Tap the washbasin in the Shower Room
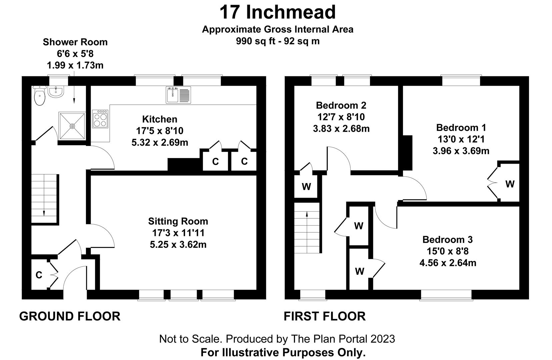[56, 92]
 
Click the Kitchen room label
[160, 119]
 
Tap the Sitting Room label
[178, 221]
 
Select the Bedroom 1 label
[461, 127]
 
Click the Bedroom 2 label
[341, 105]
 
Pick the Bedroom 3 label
[447, 239]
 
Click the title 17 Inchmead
[277, 12]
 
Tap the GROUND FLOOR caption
[70, 316]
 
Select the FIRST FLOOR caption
[325, 316]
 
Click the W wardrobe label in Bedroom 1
[510, 184]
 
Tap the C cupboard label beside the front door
[39, 275]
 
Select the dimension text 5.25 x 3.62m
[178, 245]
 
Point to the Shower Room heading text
[75, 42]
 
